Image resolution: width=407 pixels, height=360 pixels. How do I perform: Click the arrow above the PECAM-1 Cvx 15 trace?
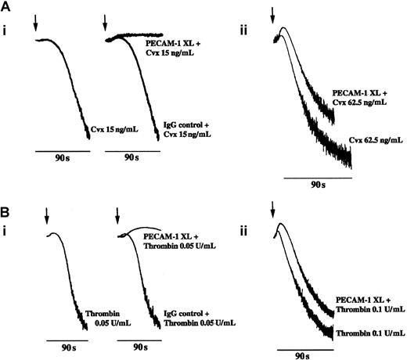[105, 26]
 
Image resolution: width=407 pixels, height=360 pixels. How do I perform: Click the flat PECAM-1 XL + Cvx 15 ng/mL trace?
[137, 36]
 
